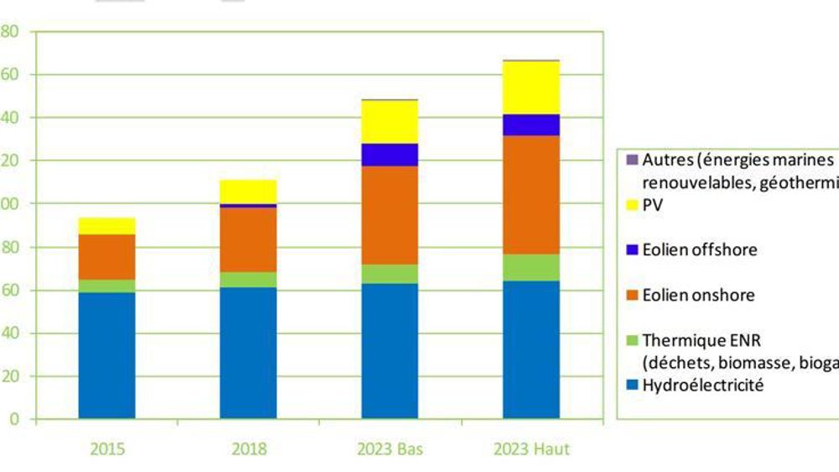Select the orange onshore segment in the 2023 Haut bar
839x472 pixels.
[531, 194]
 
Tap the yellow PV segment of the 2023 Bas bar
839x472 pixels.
[389, 122]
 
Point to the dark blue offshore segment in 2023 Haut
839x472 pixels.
[531, 124]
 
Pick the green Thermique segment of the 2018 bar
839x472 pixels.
[248, 280]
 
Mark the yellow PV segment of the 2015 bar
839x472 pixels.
[107, 226]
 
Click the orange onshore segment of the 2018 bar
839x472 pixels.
[248, 239]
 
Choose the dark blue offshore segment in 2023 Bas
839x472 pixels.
[389, 155]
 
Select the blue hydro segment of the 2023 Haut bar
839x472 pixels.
[531, 349]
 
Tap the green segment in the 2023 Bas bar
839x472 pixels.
[389, 274]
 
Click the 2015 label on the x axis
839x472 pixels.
[107, 449]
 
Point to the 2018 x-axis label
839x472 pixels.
[248, 449]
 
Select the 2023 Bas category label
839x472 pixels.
[389, 449]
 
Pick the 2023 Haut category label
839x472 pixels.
[532, 449]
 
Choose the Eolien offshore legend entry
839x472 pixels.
[699, 249]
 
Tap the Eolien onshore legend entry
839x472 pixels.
[698, 295]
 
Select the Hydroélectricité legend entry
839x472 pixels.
[703, 386]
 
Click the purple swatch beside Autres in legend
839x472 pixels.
[632, 160]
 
